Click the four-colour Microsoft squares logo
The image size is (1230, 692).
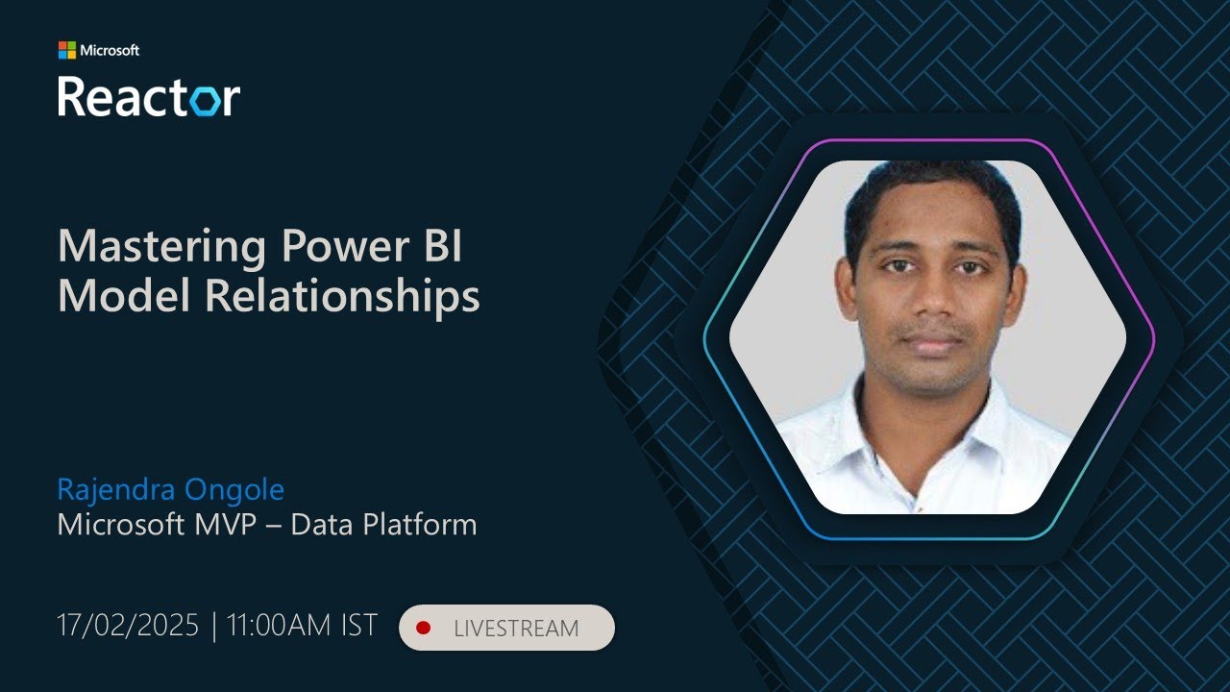click(x=66, y=50)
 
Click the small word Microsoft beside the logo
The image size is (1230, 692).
click(x=110, y=50)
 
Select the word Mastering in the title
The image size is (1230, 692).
click(x=160, y=247)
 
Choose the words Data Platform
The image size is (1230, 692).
click(x=383, y=525)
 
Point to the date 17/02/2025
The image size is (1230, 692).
click(x=128, y=626)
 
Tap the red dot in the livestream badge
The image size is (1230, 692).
click(x=423, y=628)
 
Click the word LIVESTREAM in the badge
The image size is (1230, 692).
click(x=516, y=629)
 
